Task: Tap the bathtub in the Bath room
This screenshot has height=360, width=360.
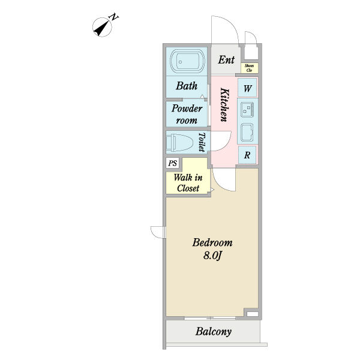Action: pos(187,61)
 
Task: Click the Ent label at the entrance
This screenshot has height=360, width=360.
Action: pos(226,59)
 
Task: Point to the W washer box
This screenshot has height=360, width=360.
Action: pos(247,89)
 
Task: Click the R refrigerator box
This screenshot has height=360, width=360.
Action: pos(247,154)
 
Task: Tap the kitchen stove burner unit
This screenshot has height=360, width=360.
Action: pos(247,109)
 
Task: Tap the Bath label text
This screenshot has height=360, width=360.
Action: pos(186,86)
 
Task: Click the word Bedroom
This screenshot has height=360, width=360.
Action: pos(212,243)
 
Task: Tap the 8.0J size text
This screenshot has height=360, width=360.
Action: pos(212,256)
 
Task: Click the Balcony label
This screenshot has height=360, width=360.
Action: pos(214,332)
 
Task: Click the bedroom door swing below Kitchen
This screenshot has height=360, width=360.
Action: pos(223,178)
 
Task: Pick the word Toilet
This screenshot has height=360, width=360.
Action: pos(202,142)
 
